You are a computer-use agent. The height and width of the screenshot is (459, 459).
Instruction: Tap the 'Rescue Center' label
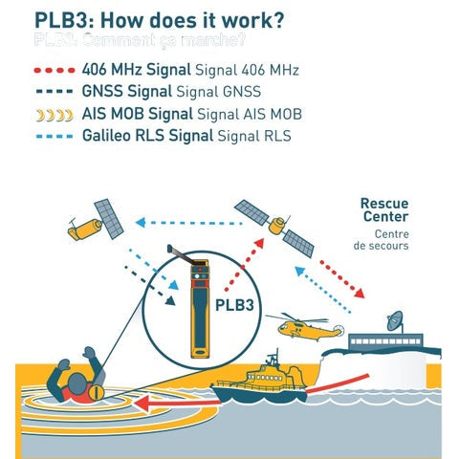pos(384,209)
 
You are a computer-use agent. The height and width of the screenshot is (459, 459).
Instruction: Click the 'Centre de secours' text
pos(384,239)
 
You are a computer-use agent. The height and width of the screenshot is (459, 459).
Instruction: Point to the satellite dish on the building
pos(395,320)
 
